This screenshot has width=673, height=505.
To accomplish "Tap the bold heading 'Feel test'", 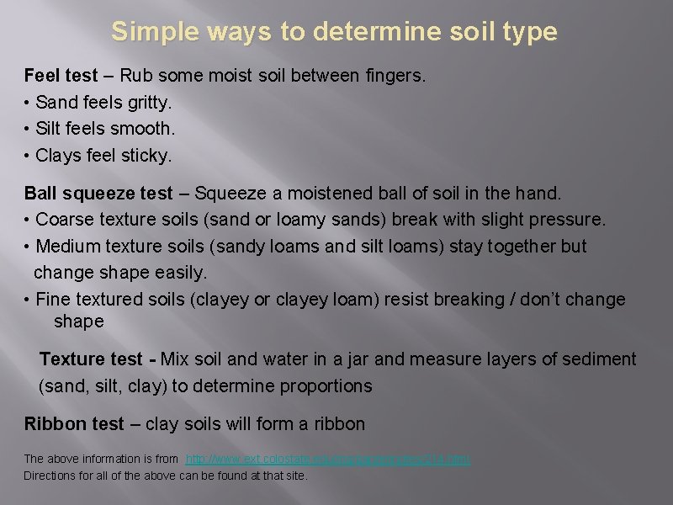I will (x=61, y=76).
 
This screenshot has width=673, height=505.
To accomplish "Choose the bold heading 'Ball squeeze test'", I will (x=98, y=194).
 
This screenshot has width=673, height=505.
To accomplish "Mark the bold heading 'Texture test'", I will (x=91, y=359).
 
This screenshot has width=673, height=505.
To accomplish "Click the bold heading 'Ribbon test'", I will (x=74, y=424).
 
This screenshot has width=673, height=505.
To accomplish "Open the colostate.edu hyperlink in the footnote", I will (x=327, y=459).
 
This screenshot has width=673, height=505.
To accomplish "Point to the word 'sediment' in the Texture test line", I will (x=597, y=359).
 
